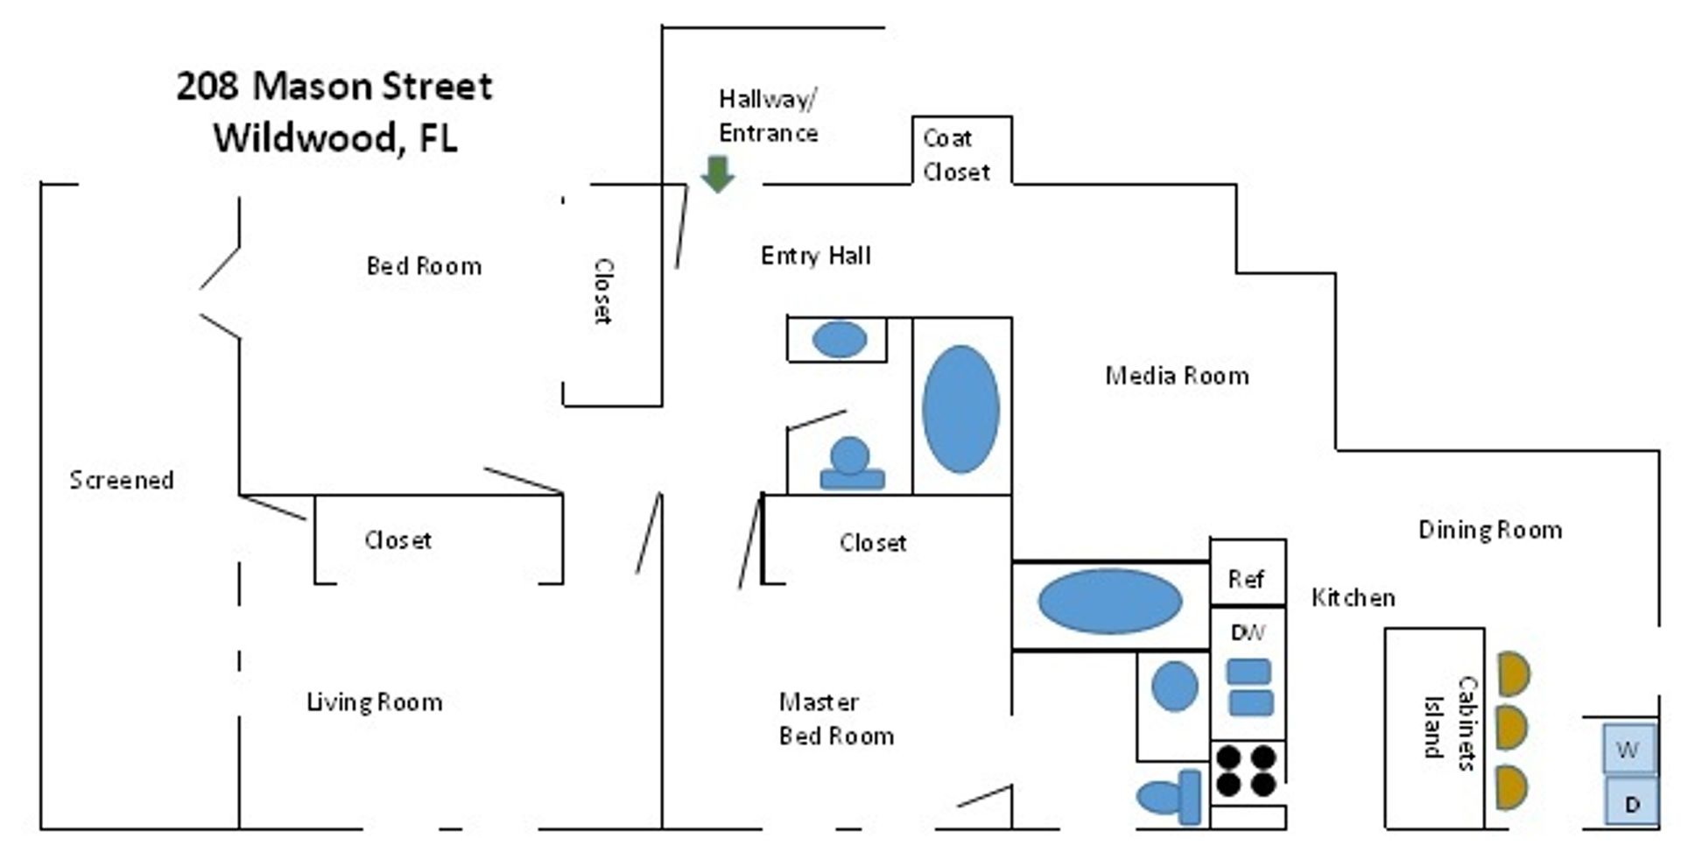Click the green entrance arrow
718,173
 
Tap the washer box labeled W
1628,749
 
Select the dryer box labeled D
1631,803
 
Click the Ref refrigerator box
1247,578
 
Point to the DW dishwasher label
1247,631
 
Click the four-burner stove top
1247,770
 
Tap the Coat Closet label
956,155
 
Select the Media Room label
1177,376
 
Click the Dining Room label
1489,530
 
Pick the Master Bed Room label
835,719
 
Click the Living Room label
374,701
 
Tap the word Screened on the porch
122,480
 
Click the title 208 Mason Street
334,86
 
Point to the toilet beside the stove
1171,797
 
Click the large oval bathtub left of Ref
1109,601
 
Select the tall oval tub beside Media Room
960,409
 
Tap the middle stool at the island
1512,727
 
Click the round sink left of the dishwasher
1174,686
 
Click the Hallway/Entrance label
768,116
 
